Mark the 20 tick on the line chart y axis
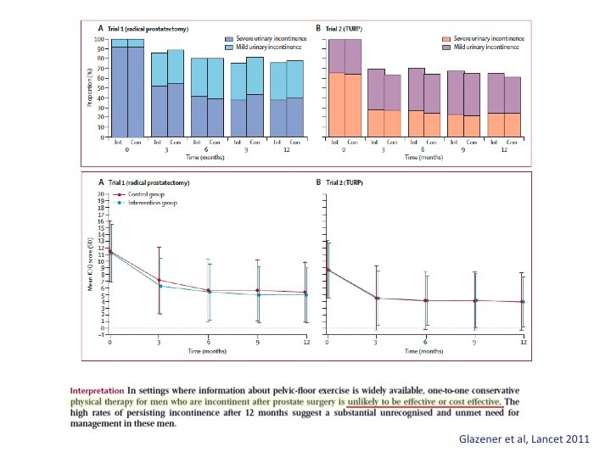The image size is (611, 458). click(x=100, y=195)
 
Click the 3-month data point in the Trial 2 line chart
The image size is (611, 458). click(x=376, y=298)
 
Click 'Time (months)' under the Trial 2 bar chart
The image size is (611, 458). click(x=424, y=158)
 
